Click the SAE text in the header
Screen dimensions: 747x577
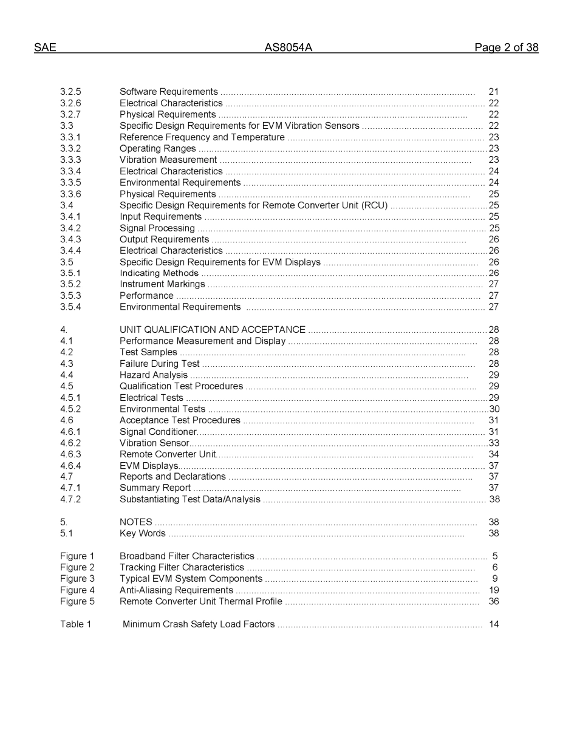45,48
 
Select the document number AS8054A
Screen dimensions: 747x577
288,48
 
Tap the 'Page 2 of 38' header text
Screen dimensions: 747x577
506,48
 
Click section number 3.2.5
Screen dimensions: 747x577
70,92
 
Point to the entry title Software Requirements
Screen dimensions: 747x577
168,92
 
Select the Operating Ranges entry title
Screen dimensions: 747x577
157,149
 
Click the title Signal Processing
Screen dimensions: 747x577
157,228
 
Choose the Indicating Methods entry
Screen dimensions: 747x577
159,273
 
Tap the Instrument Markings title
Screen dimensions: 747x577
162,284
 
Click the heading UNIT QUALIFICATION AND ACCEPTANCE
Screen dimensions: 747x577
212,330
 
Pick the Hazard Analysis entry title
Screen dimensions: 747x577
153,375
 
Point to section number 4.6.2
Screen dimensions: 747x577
70,443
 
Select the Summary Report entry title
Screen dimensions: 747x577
155,488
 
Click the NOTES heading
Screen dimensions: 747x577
135,522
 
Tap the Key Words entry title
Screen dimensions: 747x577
142,534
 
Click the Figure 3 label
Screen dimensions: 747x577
77,579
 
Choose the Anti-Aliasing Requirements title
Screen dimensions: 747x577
176,590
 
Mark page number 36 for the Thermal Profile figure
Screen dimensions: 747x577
493,602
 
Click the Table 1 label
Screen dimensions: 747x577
75,624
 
